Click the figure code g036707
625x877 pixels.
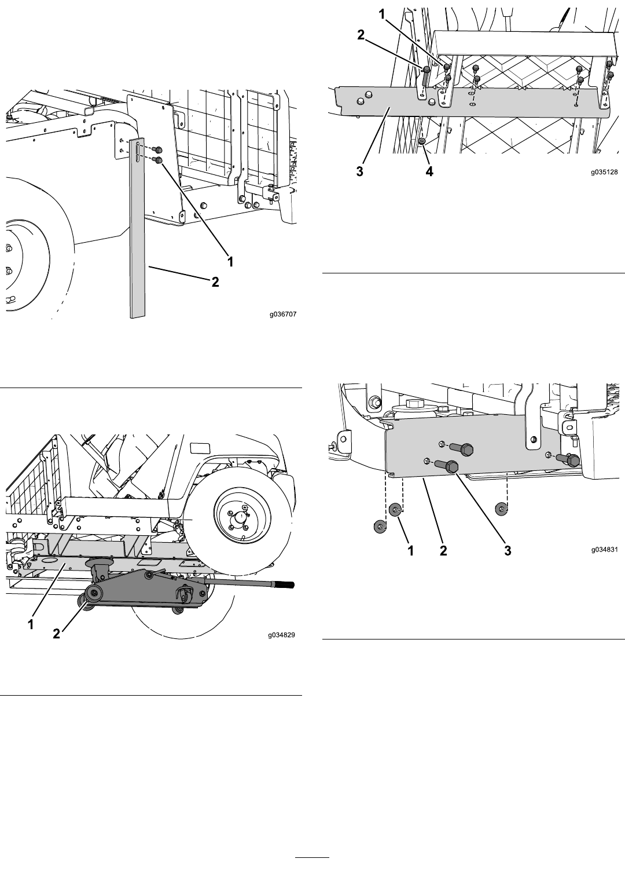click(x=283, y=314)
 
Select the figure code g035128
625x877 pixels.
click(x=604, y=172)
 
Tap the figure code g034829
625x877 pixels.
click(x=282, y=635)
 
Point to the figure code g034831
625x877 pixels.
click(x=604, y=549)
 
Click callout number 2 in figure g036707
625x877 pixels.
click(x=215, y=282)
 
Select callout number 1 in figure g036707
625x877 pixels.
click(x=230, y=261)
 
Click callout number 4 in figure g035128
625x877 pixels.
click(x=429, y=171)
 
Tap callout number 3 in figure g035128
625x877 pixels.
click(x=360, y=171)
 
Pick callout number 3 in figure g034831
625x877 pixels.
click(x=508, y=551)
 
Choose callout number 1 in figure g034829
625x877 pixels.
click(x=31, y=624)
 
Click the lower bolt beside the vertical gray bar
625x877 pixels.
click(x=158, y=160)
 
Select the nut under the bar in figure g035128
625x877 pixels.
click(x=422, y=141)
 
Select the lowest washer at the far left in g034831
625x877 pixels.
click(x=380, y=527)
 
